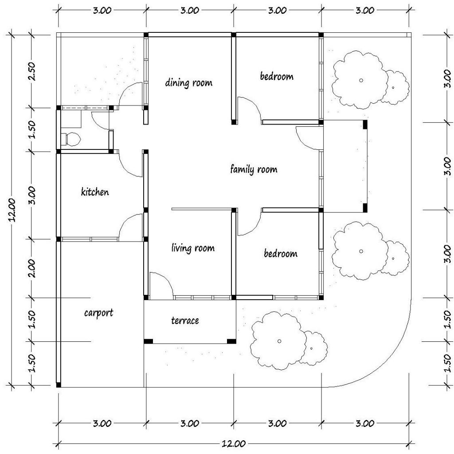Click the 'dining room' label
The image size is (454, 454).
point(189,82)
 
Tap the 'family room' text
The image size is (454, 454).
point(254,169)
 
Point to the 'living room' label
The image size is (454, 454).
point(193,248)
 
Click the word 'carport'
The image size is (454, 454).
point(98,313)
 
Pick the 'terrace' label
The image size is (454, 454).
point(185,320)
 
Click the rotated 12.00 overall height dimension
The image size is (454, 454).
point(13,210)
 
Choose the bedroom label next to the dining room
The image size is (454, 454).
point(277,76)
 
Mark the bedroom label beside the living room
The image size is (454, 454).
point(280,254)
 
